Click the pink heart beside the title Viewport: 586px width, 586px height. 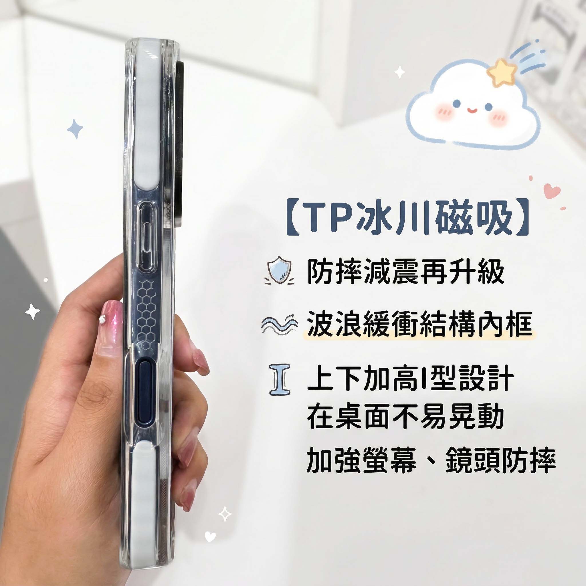[552, 191]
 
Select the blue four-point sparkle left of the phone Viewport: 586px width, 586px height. [75, 129]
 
